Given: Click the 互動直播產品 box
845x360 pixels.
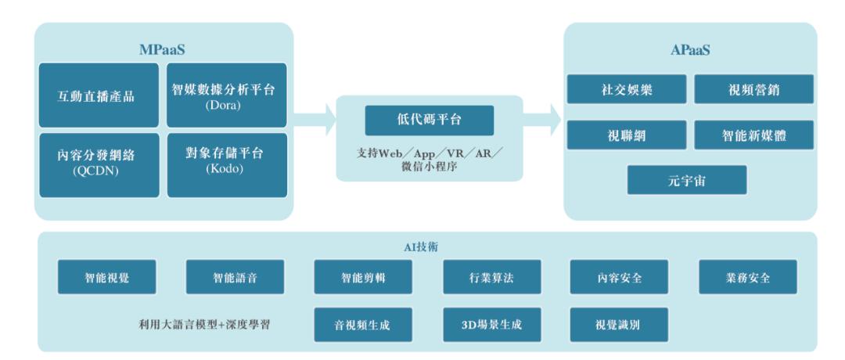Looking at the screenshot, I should tap(96, 95).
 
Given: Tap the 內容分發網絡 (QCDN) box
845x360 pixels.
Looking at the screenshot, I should tap(96, 163).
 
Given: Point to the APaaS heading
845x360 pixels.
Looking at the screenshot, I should tap(690, 50).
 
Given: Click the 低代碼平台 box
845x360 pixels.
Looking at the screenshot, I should tap(430, 120).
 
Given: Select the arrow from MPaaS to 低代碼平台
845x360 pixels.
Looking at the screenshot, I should tap(315, 120).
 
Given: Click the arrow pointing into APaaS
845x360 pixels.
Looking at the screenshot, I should tap(541, 120).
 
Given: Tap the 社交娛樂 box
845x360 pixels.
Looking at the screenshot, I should tap(627, 89).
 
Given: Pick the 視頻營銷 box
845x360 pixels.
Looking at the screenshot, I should tap(753, 89).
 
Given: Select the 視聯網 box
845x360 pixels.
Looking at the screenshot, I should tap(627, 135).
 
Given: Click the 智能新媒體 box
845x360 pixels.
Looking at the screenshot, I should tap(753, 135).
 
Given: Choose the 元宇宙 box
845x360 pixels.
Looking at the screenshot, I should tap(687, 179).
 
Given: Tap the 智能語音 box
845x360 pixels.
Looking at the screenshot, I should tap(235, 277).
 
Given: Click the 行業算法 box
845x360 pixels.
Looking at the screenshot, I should tap(491, 277).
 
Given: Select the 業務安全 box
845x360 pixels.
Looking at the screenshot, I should tap(747, 277).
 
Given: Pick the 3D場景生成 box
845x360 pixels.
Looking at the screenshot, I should tap(491, 324).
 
